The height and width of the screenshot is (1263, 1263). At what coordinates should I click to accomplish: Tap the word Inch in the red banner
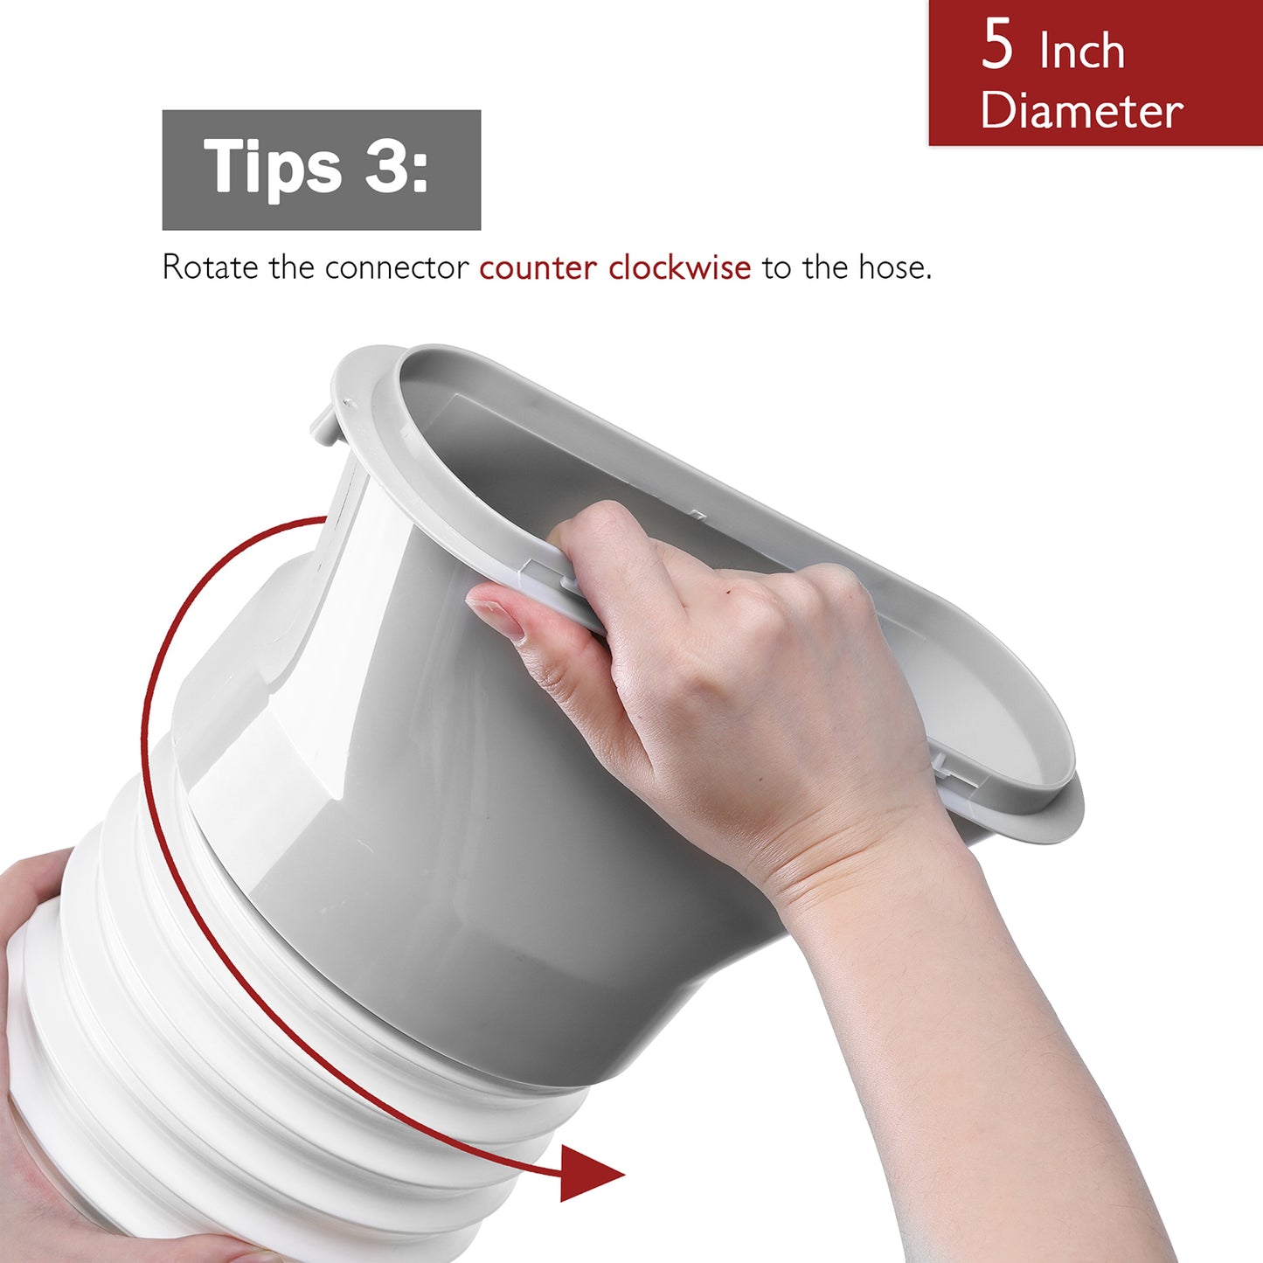(x=1082, y=51)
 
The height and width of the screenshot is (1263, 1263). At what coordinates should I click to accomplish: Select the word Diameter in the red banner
(x=1082, y=110)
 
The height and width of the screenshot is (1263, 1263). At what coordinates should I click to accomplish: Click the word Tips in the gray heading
(x=272, y=167)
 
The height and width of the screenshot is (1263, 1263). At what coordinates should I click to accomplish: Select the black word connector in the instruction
(x=397, y=268)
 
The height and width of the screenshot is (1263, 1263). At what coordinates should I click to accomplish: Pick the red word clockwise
(x=680, y=267)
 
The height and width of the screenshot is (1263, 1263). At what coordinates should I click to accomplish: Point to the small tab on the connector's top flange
(x=323, y=425)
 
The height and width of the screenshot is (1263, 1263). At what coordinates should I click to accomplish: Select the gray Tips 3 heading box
(x=321, y=170)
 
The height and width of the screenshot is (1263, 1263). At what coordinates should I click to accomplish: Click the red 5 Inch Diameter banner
(x=1096, y=73)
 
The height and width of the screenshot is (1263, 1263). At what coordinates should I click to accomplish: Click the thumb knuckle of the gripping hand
(x=603, y=517)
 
